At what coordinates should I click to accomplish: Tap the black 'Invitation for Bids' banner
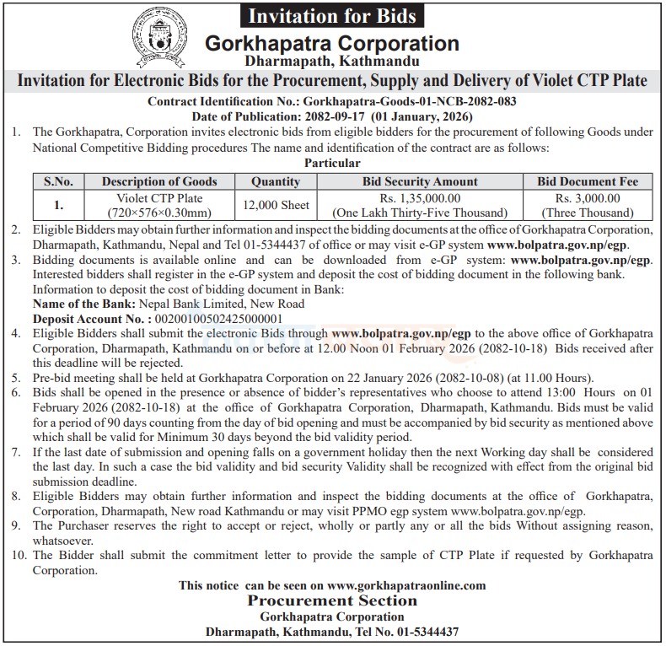click(332, 14)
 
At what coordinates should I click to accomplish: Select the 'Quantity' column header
click(276, 181)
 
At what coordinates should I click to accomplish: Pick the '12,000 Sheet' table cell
click(276, 205)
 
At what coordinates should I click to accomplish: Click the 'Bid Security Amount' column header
click(420, 181)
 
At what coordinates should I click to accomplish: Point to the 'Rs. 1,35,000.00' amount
click(420, 198)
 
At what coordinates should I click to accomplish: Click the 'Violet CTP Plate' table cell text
click(164, 198)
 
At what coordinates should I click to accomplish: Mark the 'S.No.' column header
click(59, 181)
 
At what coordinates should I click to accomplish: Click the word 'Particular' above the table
click(331, 163)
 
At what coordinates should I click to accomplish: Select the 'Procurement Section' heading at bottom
click(332, 601)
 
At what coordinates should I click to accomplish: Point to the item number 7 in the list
click(16, 453)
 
